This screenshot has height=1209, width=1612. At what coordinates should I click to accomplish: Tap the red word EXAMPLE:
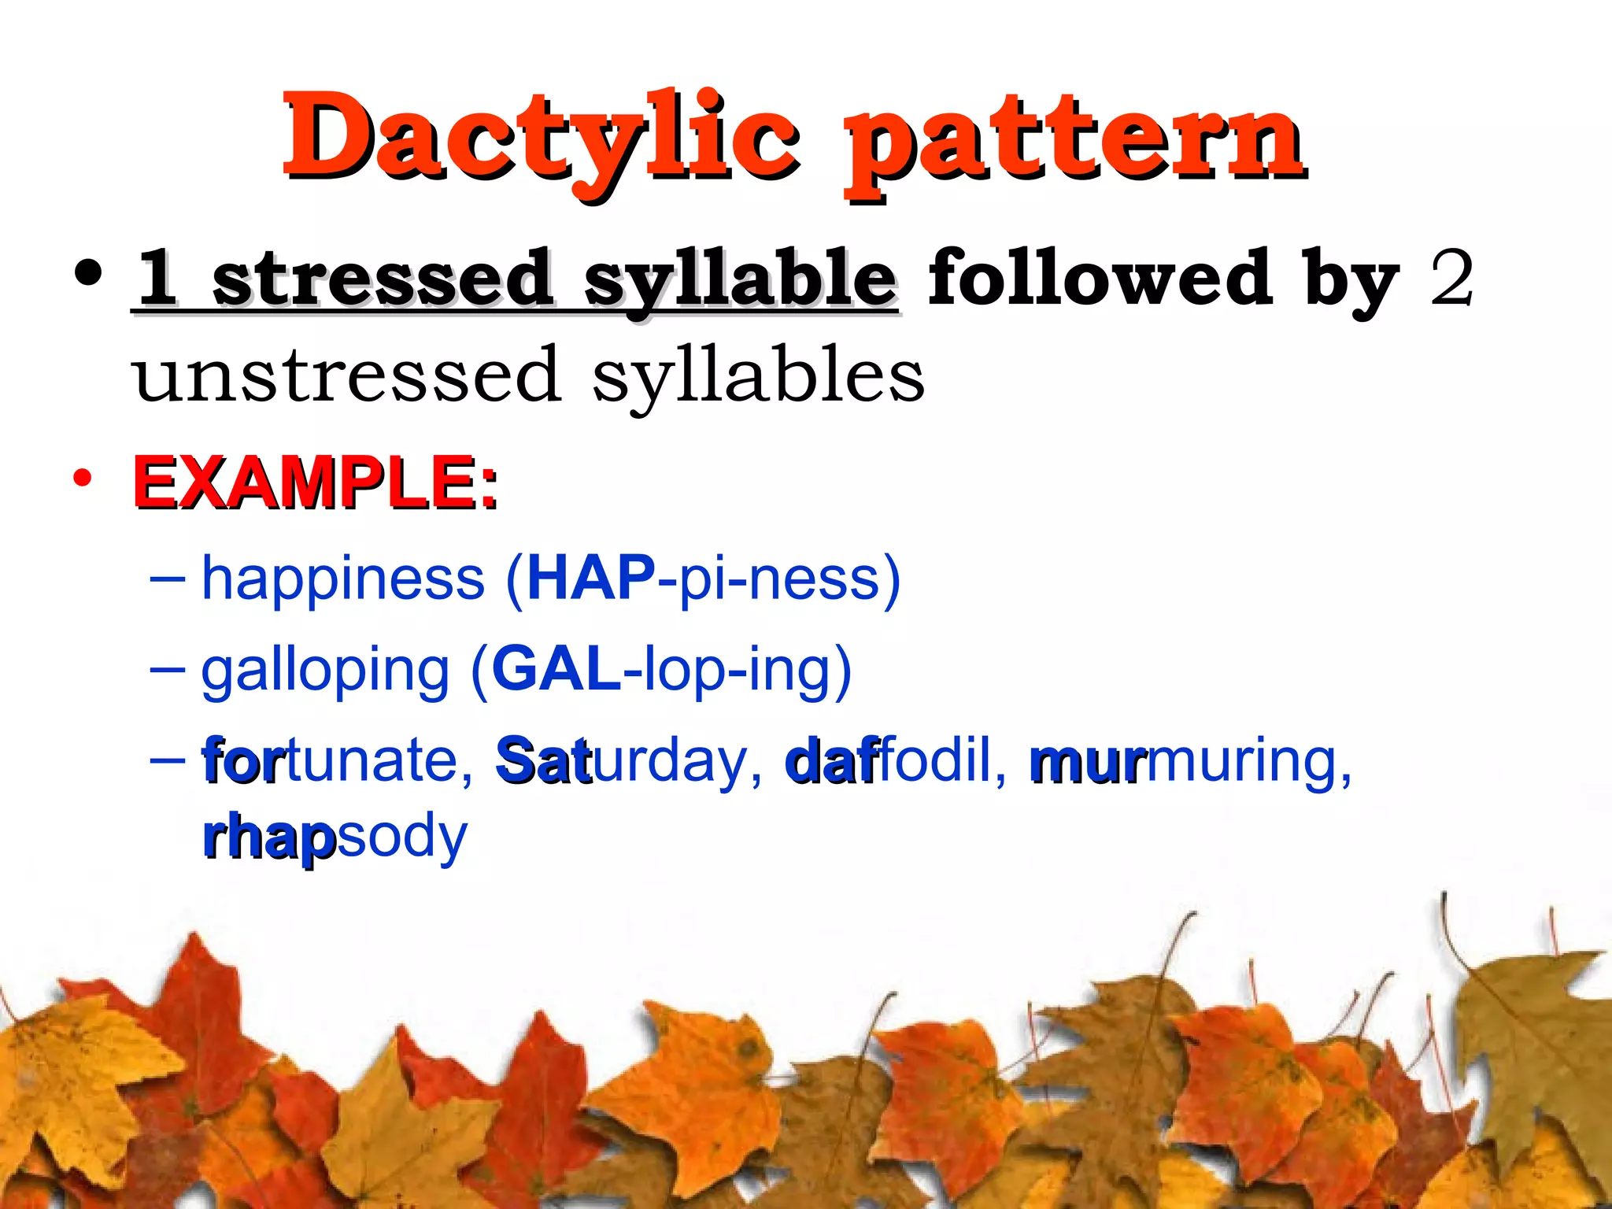[x=315, y=482]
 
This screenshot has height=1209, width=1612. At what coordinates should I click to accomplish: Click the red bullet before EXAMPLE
[x=82, y=478]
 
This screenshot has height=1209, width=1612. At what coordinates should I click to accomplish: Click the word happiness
[x=343, y=579]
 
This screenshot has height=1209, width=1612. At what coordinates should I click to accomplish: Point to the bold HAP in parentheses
[x=591, y=579]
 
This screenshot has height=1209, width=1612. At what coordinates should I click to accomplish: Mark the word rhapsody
[x=335, y=837]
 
